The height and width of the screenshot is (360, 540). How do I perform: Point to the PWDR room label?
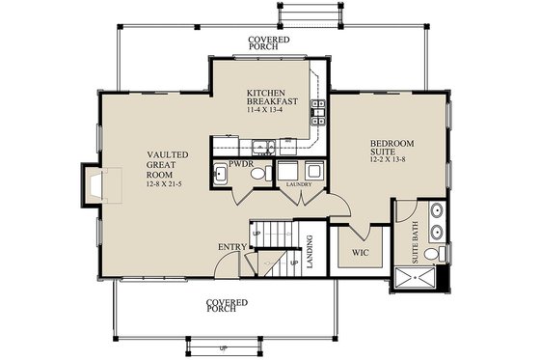(x=240, y=165)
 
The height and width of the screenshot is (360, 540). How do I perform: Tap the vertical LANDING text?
(x=310, y=253)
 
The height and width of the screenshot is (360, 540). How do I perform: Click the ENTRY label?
(x=231, y=247)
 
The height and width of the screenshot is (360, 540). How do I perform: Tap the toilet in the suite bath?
(x=441, y=255)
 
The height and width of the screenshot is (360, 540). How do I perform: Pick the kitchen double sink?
(x=260, y=147)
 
